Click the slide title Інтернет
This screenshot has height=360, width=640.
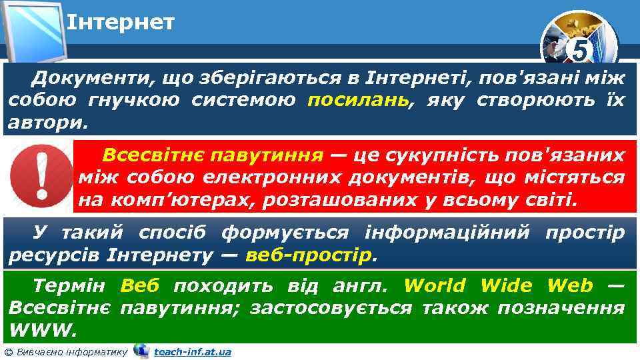click(121, 23)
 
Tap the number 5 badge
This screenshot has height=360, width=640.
click(580, 51)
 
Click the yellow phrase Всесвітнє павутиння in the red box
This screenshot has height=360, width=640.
click(212, 156)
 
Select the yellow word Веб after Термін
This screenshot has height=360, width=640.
click(140, 286)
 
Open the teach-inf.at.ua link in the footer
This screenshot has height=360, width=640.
click(192, 351)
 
